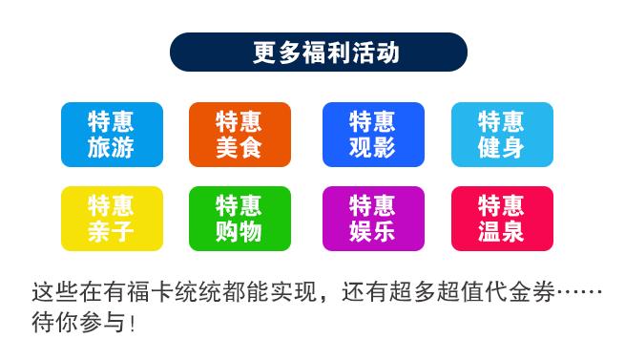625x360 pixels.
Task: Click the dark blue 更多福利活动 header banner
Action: point(318,53)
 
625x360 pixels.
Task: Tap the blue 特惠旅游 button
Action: point(112,135)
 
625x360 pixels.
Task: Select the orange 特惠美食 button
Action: point(240,135)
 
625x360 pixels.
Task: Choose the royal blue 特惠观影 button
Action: point(372,135)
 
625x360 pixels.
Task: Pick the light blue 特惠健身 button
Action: point(502,135)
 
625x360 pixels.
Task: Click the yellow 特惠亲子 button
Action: point(112,219)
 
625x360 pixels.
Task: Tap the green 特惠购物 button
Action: point(240,219)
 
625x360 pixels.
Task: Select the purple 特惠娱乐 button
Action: point(372,219)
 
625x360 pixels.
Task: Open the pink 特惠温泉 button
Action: point(502,219)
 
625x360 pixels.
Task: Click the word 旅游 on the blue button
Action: point(112,148)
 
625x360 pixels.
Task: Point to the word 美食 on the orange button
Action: point(240,148)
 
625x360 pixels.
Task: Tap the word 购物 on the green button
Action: point(240,232)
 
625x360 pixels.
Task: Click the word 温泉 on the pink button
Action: point(502,232)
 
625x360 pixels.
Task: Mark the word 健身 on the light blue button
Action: point(502,148)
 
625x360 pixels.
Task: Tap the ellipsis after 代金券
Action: point(578,291)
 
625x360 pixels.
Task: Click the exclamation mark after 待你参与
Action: point(133,323)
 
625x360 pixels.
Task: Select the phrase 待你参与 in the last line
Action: point(78,322)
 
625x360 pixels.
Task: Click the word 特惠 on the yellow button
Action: point(112,205)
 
